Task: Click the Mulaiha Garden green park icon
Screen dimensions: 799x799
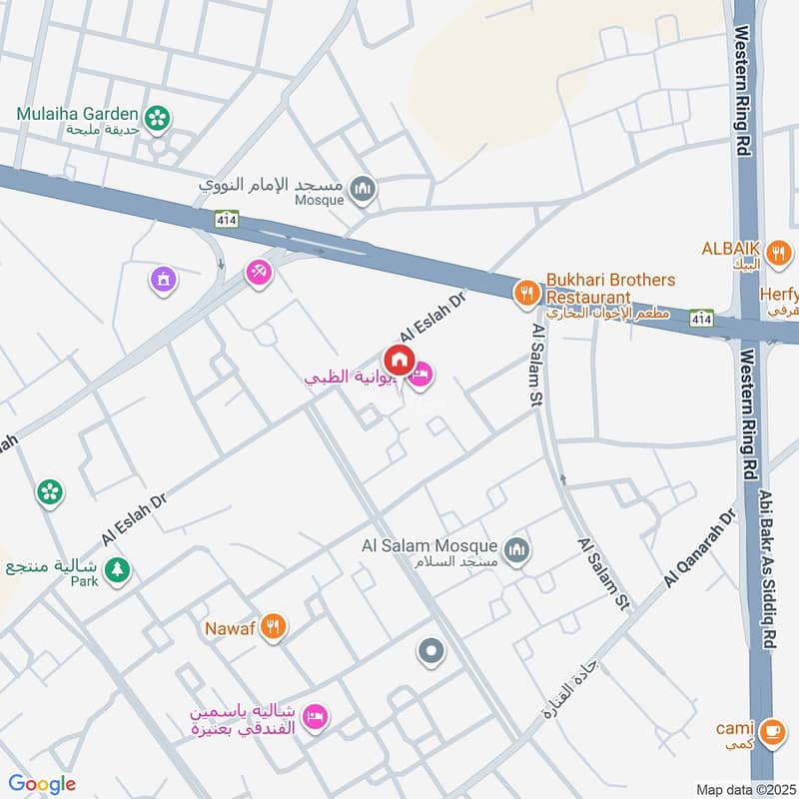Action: (x=157, y=119)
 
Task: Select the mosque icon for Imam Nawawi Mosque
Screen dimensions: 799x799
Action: (x=365, y=187)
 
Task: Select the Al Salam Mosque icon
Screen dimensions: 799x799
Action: (x=517, y=548)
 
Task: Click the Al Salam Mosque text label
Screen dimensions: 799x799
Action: (x=428, y=545)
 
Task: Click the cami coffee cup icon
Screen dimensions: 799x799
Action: (x=769, y=731)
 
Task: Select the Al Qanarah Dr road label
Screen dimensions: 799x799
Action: (x=699, y=550)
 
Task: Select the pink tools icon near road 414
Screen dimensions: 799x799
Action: (x=259, y=271)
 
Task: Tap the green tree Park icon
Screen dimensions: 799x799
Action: (x=118, y=570)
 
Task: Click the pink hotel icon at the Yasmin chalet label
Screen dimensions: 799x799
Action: (x=316, y=715)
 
